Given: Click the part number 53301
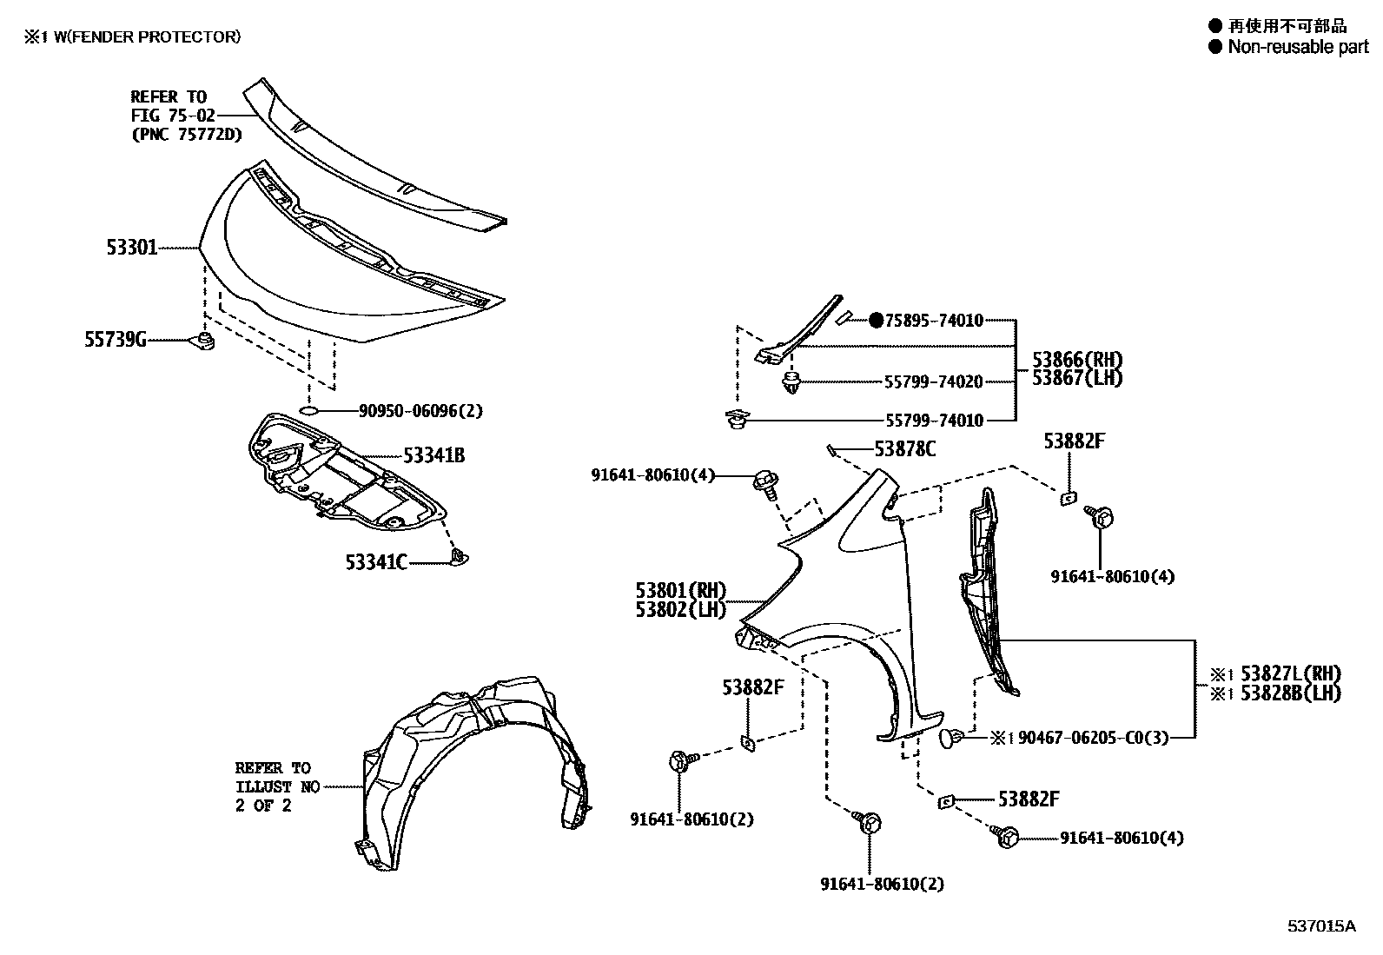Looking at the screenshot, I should pyautogui.click(x=132, y=248).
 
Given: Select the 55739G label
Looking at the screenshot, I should pyautogui.click(x=115, y=340).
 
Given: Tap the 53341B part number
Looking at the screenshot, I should pyautogui.click(x=433, y=454).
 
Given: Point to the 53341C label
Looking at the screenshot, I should pyautogui.click(x=376, y=562).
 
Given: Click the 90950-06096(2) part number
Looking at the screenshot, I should pyautogui.click(x=420, y=410).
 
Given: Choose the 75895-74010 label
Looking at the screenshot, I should pyautogui.click(x=934, y=321).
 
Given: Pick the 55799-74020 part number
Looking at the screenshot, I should pyautogui.click(x=934, y=381).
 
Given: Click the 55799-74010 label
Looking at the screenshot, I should pyautogui.click(x=934, y=421).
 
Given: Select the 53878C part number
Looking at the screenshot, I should pyautogui.click(x=905, y=448).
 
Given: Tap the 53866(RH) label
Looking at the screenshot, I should pyautogui.click(x=1077, y=360).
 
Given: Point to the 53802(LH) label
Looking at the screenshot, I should pyautogui.click(x=680, y=609).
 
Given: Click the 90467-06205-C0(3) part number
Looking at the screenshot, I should pyautogui.click(x=1092, y=738).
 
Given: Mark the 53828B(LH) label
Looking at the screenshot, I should pyautogui.click(x=1290, y=693).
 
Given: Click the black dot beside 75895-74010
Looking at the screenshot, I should pyautogui.click(x=876, y=321).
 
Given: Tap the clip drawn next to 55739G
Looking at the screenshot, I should pyautogui.click(x=205, y=340).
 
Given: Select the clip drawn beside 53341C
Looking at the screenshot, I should pyautogui.click(x=458, y=557).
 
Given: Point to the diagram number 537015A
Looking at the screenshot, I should pyautogui.click(x=1321, y=925).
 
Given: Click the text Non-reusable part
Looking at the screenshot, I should pyautogui.click(x=1297, y=47).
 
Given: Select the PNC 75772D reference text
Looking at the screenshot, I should pyautogui.click(x=187, y=134).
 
